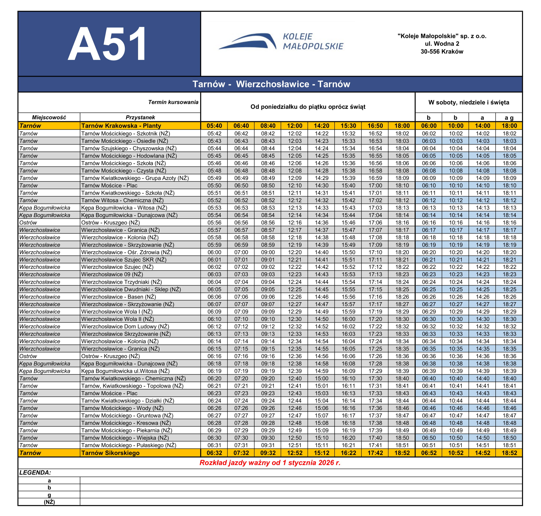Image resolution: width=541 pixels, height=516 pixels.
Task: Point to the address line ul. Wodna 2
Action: [442, 44]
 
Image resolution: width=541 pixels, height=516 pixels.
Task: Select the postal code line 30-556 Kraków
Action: [442, 52]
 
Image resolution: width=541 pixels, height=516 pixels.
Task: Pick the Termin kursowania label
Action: [173, 102]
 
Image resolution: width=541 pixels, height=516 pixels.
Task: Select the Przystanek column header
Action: [140, 117]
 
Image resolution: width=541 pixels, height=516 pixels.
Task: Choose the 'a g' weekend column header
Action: [509, 118]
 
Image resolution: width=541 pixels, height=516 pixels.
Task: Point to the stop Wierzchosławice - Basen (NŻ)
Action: [118, 297]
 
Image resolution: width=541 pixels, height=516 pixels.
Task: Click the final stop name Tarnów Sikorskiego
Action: [110, 453]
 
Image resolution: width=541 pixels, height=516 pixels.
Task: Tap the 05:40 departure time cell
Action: [214, 126]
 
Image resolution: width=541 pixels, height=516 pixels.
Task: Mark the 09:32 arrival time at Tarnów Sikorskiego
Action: [268, 453]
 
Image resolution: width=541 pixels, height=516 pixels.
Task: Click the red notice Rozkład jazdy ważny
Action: [270, 463]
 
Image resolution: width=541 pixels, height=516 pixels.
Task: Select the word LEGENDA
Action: [35, 473]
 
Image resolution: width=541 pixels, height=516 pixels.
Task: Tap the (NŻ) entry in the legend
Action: [49, 502]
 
